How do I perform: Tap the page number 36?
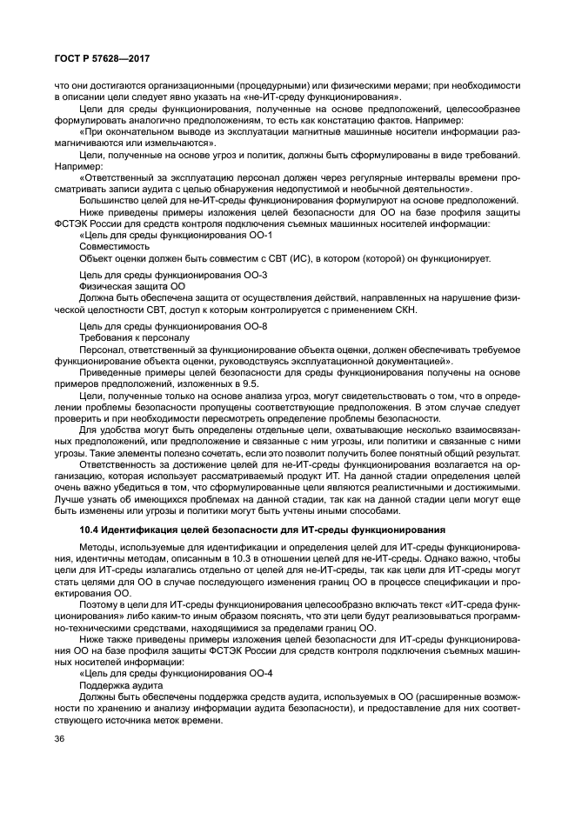pyautogui.click(x=60, y=739)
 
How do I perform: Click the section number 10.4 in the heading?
pyautogui.click(x=89, y=530)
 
